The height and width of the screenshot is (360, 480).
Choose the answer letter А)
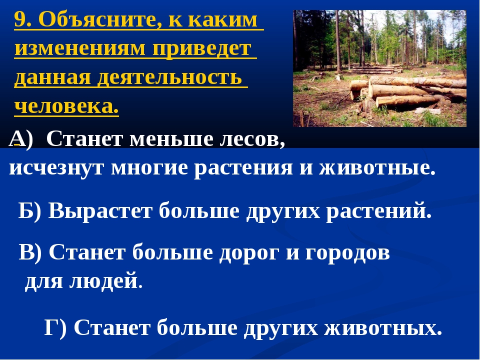(20, 139)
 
